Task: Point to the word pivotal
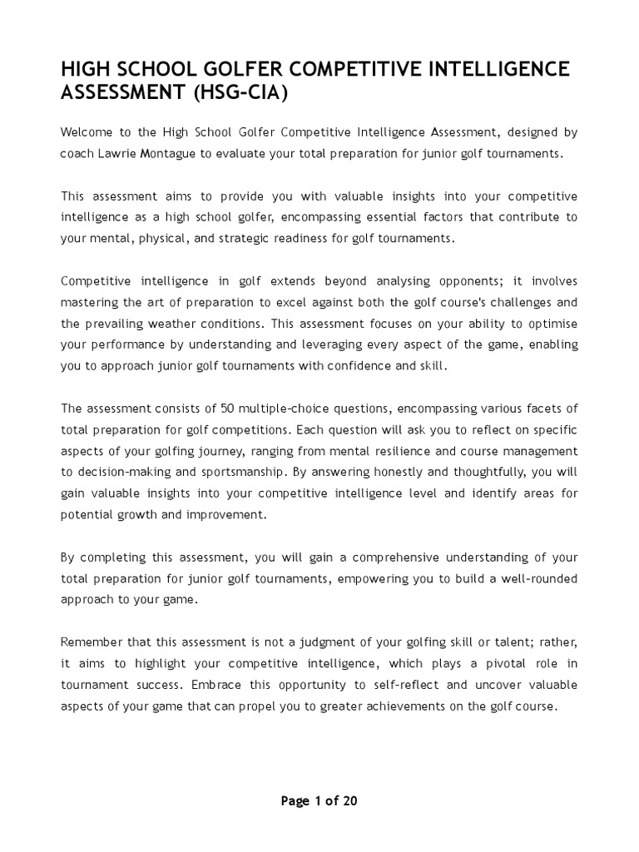(484, 662)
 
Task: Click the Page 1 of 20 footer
(319, 801)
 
